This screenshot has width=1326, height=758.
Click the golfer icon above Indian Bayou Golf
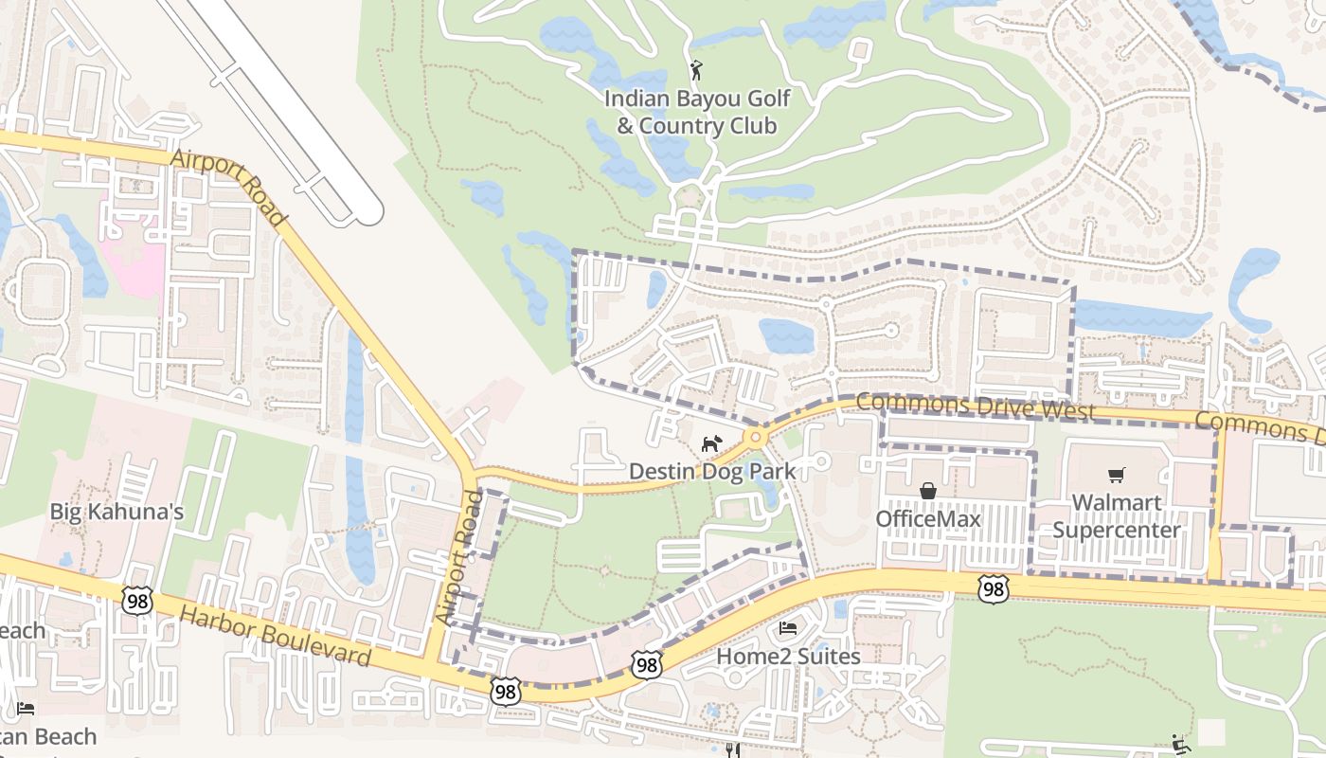coord(697,70)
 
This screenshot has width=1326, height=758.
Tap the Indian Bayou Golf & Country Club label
coord(696,112)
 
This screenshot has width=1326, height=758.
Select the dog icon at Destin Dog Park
coord(711,443)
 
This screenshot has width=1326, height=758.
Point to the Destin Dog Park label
coord(711,471)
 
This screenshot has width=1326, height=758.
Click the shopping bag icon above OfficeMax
coord(927,491)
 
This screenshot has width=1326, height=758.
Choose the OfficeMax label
coord(927,518)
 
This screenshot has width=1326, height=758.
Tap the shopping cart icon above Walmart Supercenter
coord(1116,475)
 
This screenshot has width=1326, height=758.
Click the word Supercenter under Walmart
coord(1116,530)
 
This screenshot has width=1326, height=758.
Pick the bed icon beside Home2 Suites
coord(787,628)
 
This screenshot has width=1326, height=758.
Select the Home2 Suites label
coord(787,656)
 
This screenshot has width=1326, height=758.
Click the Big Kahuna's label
coord(116,512)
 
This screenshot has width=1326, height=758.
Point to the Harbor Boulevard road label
coord(275,638)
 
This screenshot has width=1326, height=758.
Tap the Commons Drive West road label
coord(976,406)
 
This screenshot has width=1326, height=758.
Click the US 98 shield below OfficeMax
coord(993,589)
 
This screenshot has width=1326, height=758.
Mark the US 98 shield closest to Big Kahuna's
coord(137,599)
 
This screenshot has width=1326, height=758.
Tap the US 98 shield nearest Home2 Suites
coord(647,664)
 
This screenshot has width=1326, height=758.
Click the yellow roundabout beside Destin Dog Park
coord(755,438)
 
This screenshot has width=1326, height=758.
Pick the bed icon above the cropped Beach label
coord(26,709)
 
